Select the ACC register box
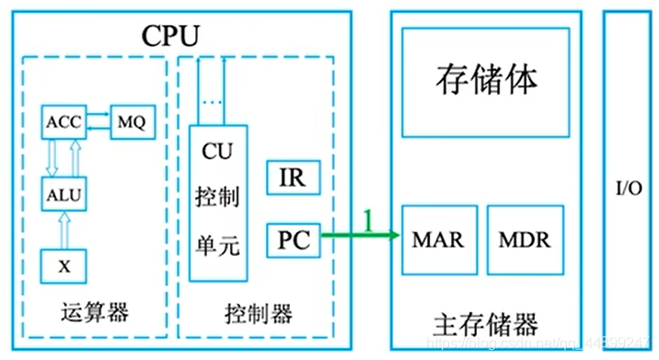64,122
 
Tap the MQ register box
131,122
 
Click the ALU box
64,193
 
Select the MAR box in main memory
437,239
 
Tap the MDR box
523,239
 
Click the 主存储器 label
484,324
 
